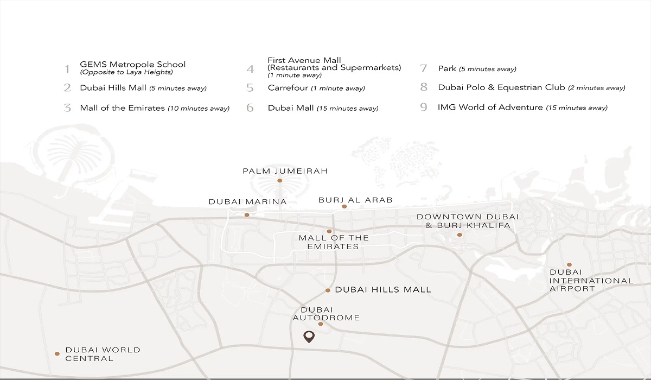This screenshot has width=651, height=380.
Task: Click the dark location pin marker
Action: coord(309,337)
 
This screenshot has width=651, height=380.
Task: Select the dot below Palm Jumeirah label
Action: coord(280,180)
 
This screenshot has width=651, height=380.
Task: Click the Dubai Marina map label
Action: coord(247,202)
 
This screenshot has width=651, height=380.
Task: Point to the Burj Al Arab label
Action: coord(355,200)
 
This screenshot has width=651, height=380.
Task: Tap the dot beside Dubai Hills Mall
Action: coord(328,290)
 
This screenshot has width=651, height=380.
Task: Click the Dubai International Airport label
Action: coord(591,280)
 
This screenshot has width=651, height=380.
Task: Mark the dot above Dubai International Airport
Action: coord(569,264)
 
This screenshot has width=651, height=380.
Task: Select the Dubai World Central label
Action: coord(103,354)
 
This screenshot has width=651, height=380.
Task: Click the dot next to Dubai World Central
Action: coord(57,354)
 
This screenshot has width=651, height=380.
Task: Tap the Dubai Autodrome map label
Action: coord(326,314)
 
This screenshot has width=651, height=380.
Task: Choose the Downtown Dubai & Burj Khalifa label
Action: coord(468,221)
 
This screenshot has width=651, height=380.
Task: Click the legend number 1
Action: coord(67,69)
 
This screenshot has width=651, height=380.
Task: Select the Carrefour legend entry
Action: coord(316,88)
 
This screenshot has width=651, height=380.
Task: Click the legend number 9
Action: coord(424,107)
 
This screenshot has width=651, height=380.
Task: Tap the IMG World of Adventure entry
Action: coord(522,107)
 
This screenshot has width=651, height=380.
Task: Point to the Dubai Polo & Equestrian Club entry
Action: coord(531,87)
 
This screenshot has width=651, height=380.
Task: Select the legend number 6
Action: coord(250,108)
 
